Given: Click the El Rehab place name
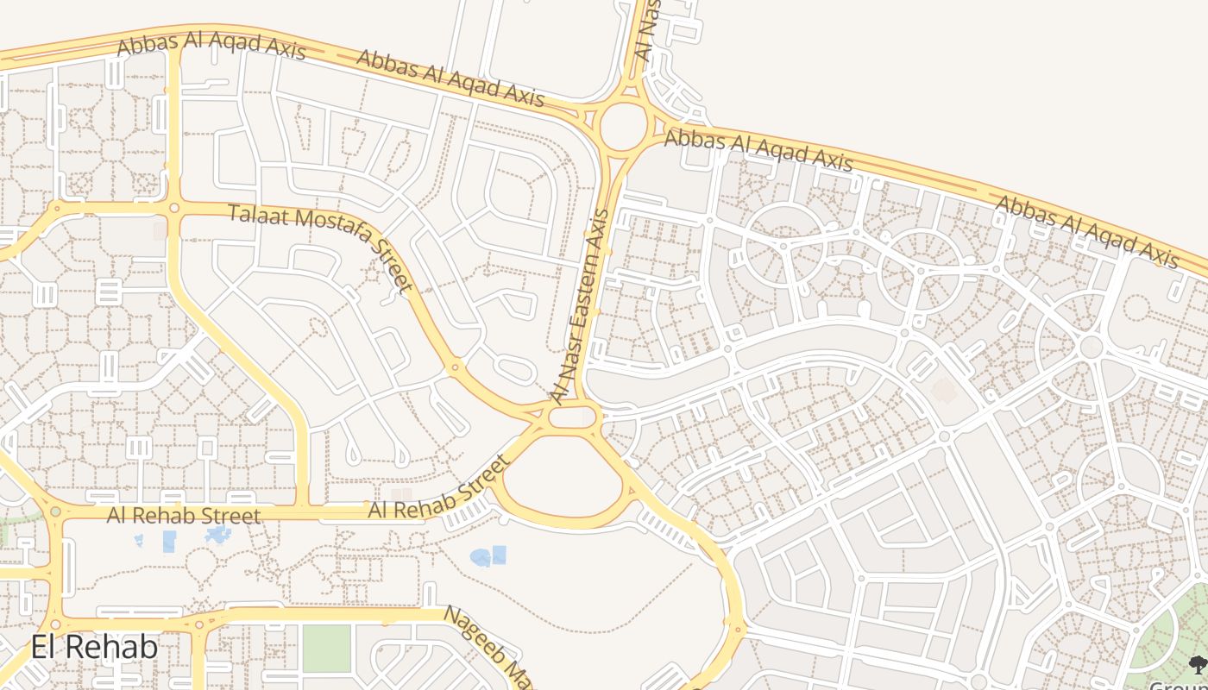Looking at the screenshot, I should (x=94, y=647).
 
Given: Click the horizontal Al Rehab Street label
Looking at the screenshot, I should (x=183, y=516).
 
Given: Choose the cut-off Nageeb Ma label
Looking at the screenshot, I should (x=488, y=647).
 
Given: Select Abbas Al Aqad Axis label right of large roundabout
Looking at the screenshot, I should (x=758, y=150).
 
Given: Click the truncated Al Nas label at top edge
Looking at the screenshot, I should (x=648, y=30).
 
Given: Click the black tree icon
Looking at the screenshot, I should (x=1198, y=664).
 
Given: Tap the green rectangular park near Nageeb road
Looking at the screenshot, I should (x=327, y=648).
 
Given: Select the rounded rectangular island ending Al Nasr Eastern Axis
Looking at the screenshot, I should (x=571, y=417).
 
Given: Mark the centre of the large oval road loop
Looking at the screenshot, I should (x=563, y=479).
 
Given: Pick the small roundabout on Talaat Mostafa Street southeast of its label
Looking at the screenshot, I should (x=456, y=368).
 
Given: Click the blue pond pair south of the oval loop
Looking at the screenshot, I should (x=488, y=556).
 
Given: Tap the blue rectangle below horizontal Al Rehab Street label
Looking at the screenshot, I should (x=169, y=542).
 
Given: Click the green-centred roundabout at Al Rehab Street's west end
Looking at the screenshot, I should (x=56, y=512).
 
